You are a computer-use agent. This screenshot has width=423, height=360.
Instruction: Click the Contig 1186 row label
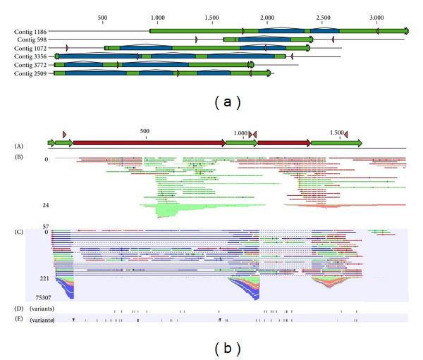pyautogui.click(x=30, y=32)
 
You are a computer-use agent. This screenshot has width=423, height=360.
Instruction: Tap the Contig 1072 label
pyautogui.click(x=30, y=49)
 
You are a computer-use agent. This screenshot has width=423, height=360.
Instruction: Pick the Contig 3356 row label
pyautogui.click(x=30, y=56)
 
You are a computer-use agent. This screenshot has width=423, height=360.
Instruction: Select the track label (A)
pyautogui.click(x=20, y=146)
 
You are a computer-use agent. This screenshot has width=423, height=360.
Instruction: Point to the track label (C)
pyautogui.click(x=20, y=230)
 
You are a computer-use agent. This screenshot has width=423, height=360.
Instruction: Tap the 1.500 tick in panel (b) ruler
pyautogui.click(x=336, y=132)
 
